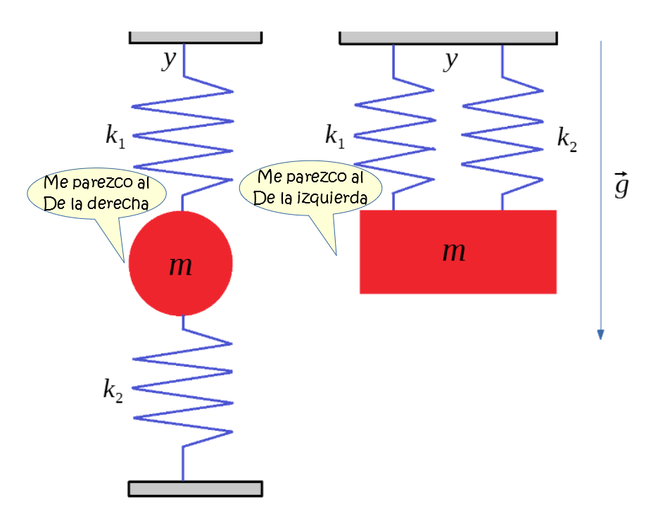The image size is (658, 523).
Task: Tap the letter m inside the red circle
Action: pos(181,265)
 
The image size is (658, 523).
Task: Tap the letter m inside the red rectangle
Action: pos(454,251)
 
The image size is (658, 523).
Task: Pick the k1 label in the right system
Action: pos(335,136)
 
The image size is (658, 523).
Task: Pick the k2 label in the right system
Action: pos(567,139)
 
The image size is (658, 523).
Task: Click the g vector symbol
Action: pos(621,186)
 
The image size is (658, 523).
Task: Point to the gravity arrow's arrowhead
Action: pos(600,334)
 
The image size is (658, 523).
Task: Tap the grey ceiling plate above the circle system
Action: pos(195,37)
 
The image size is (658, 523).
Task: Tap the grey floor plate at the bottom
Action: pos(195,488)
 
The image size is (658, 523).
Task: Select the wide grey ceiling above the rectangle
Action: pos(448,37)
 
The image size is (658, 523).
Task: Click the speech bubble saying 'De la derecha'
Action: pos(96,194)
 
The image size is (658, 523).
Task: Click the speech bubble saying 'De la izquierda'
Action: pos(310,188)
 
